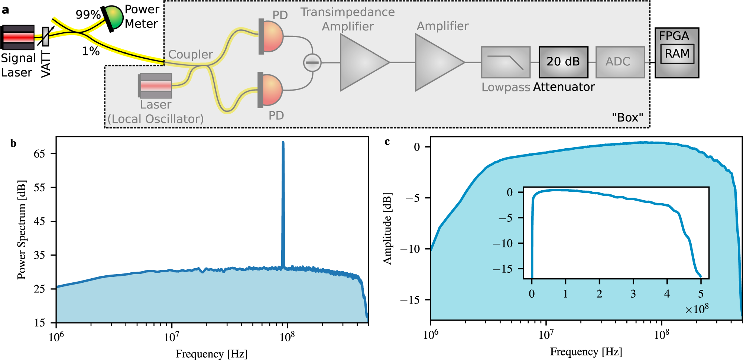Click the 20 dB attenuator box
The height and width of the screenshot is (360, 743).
click(x=563, y=62)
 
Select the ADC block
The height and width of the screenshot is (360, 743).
click(x=620, y=62)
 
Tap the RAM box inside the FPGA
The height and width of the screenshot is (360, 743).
click(x=677, y=53)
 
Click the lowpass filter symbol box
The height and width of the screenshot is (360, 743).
click(x=505, y=62)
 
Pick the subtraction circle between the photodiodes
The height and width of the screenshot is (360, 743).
click(x=312, y=62)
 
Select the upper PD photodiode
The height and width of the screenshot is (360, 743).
click(x=271, y=36)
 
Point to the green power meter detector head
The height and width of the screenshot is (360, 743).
click(x=113, y=18)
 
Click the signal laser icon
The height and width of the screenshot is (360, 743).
click(x=18, y=38)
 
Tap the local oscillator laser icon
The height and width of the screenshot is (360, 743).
click(x=156, y=85)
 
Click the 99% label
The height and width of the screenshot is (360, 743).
click(x=88, y=15)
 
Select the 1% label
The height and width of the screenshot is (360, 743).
click(x=91, y=51)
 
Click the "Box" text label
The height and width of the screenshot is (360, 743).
click(x=627, y=118)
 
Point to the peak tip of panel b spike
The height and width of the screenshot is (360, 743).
click(x=283, y=142)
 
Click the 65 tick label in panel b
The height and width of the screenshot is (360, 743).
click(x=39, y=153)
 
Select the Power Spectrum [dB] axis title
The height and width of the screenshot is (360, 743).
click(x=22, y=230)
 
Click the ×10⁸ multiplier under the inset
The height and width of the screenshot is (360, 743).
click(x=697, y=309)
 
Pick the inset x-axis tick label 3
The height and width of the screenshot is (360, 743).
click(x=633, y=294)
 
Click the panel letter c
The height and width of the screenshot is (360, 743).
click(x=387, y=142)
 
